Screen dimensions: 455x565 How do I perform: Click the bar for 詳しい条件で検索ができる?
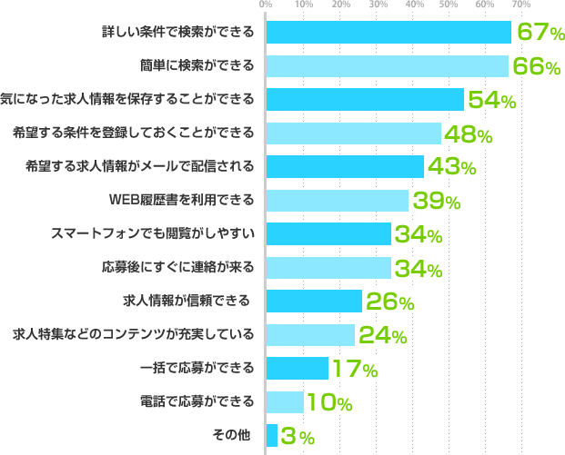point(389,32)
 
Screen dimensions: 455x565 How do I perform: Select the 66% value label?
point(536,66)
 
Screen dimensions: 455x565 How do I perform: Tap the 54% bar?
point(365,99)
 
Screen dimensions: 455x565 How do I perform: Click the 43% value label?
point(450,167)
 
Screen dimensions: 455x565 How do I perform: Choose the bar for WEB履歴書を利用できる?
point(337,200)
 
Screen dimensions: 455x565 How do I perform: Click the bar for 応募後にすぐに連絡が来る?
point(328,267)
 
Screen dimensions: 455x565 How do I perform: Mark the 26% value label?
point(389,302)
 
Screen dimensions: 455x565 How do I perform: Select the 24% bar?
point(310,334)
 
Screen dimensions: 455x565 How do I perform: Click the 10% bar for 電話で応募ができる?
point(285,401)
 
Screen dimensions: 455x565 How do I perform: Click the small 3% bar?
point(272,435)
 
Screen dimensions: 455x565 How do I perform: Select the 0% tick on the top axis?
point(266,5)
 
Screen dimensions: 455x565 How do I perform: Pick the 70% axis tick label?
point(521,5)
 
